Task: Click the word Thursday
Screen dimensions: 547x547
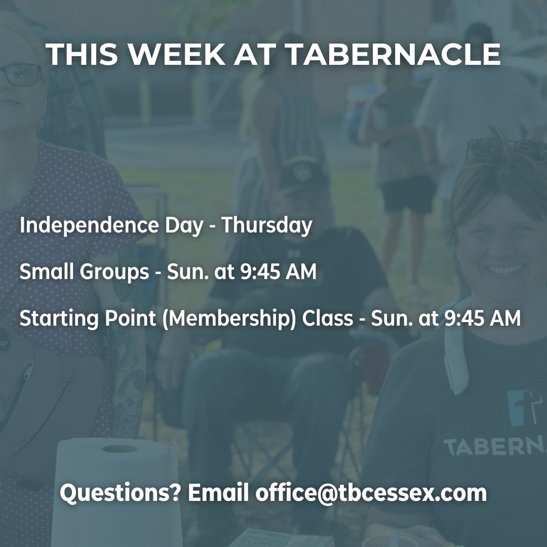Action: (x=266, y=225)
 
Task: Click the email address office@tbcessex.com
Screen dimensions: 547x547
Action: (x=371, y=493)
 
